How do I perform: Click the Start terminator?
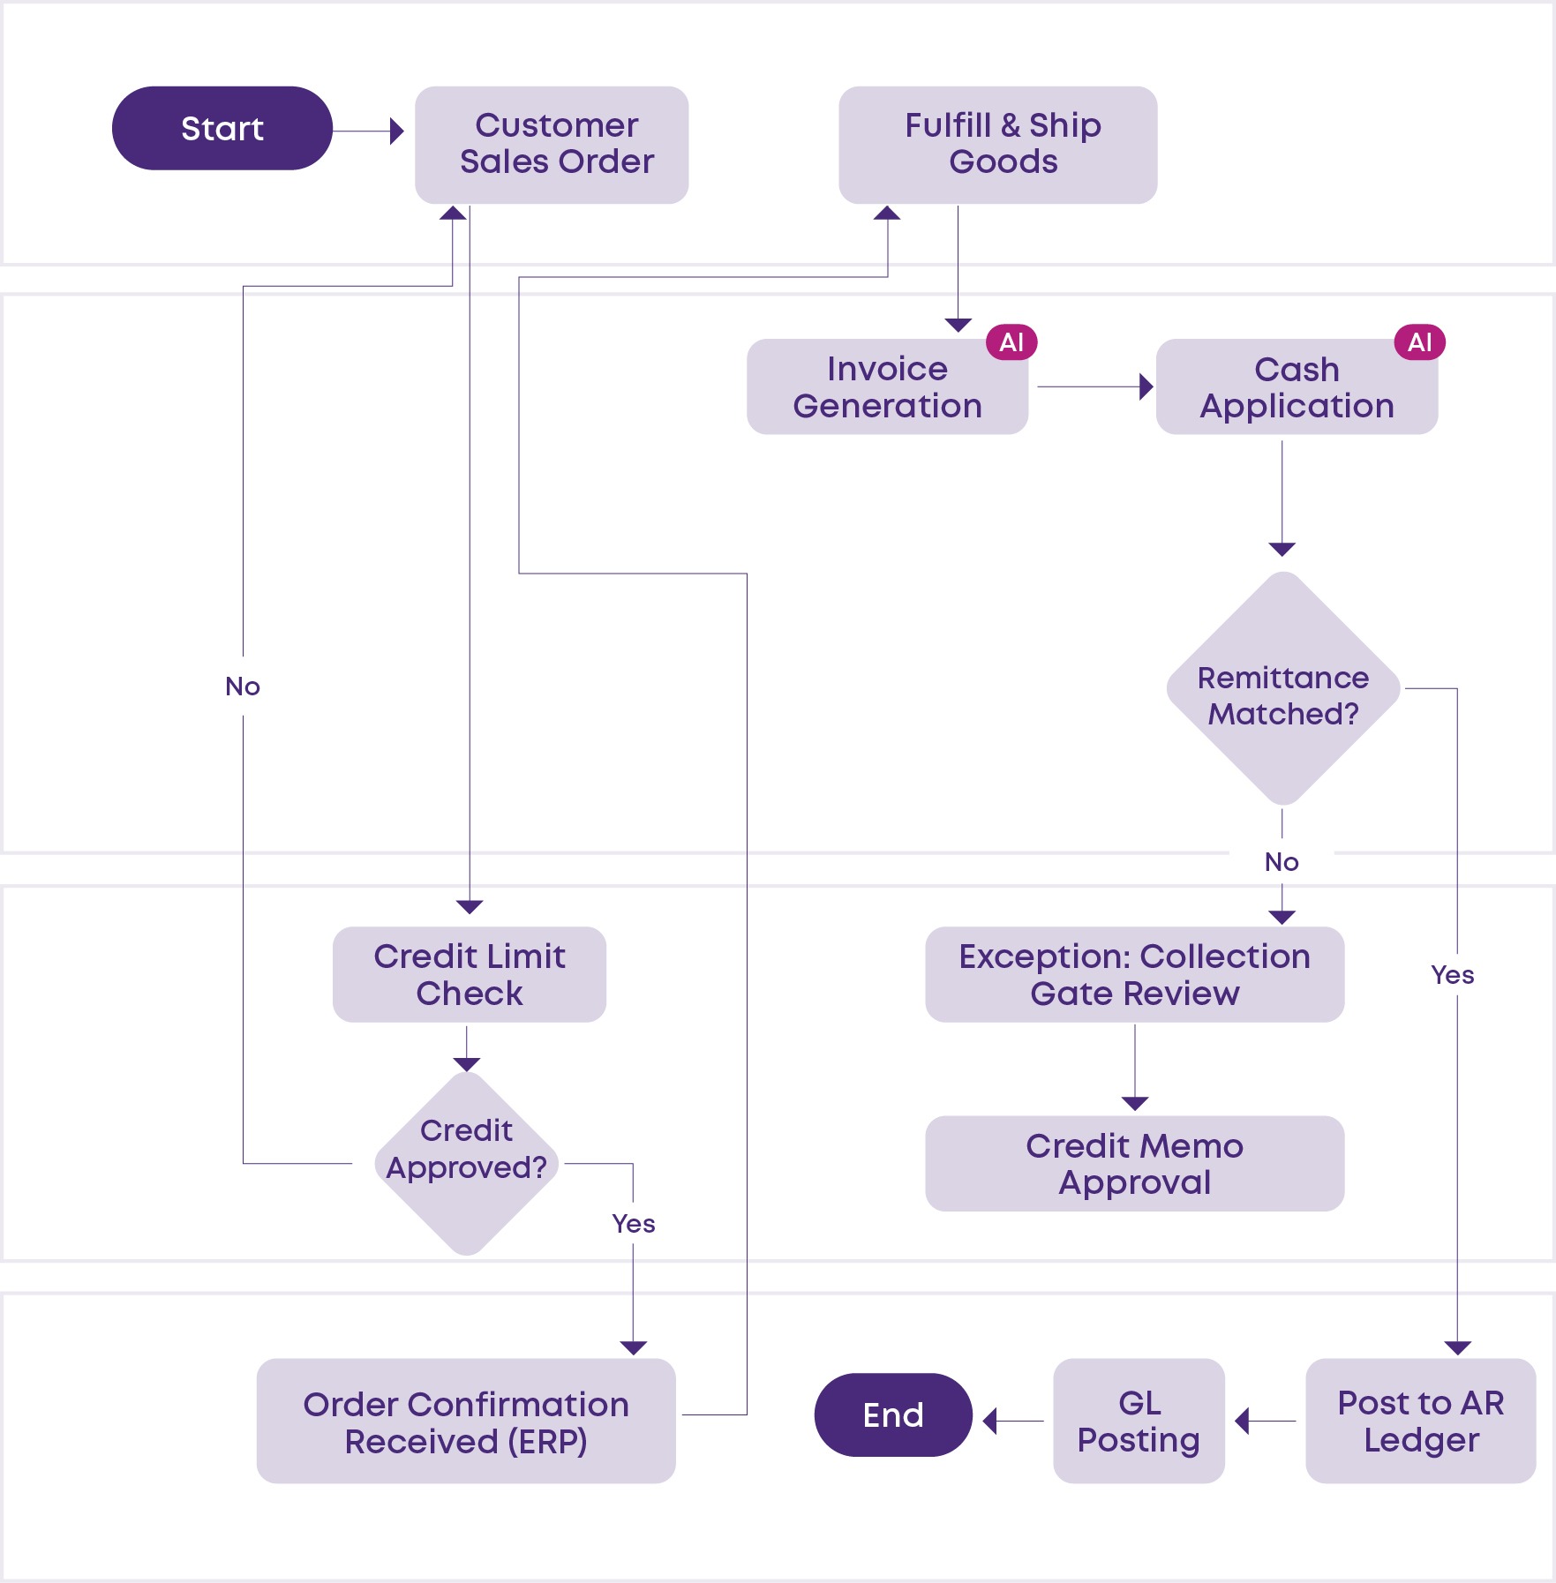pos(222,128)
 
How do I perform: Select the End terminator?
pos(893,1414)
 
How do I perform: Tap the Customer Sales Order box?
pos(552,145)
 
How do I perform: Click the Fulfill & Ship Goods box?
pos(997,145)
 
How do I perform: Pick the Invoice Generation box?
pos(887,386)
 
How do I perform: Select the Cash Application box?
pos(1297,386)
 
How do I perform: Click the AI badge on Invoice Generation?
pos(1011,342)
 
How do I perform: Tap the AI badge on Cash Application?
pos(1420,342)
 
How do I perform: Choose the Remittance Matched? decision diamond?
pos(1283,688)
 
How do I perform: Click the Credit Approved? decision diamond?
pos(467,1163)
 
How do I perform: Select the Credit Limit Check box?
pos(470,974)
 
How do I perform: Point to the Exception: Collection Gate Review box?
pos(1135,974)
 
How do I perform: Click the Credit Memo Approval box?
pos(1135,1163)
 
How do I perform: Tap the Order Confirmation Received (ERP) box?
pos(466,1421)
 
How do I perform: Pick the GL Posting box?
pos(1139,1421)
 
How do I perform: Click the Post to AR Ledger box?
pos(1421,1421)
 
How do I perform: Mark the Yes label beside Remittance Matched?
pos(1453,975)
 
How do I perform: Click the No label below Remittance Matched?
pos(1282,862)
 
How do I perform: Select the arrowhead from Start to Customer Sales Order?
pos(397,131)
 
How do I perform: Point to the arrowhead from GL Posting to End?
pos(989,1421)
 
